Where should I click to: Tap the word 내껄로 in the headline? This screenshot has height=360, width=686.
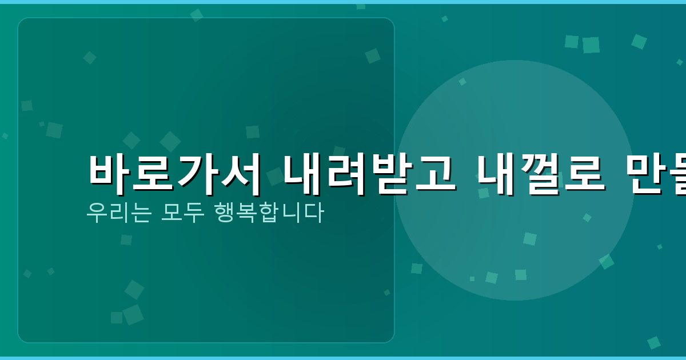point(541,170)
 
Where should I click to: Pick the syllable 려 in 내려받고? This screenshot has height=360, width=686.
point(348,170)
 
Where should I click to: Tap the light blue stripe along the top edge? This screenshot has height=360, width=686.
point(343,2)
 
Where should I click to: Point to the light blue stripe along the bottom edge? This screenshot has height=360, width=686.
point(343,358)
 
